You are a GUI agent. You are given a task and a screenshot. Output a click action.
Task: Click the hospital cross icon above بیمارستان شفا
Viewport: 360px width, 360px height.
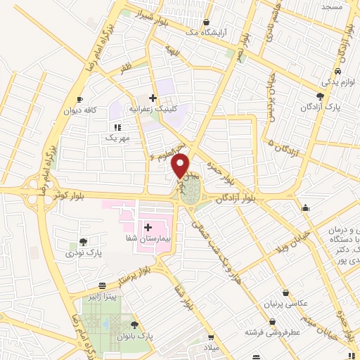pos(148,227)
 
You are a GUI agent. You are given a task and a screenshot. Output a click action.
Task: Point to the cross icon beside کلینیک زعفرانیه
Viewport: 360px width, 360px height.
pos(153,97)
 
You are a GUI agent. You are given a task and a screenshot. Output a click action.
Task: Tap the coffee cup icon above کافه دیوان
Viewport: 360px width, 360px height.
pos(79,99)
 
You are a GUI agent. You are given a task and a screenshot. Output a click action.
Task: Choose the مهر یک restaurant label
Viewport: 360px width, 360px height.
pos(117,139)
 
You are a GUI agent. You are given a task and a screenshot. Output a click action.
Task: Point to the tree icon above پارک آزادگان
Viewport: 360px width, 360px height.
pos(321,97)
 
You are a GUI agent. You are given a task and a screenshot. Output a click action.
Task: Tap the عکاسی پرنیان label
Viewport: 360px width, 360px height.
pos(285,304)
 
